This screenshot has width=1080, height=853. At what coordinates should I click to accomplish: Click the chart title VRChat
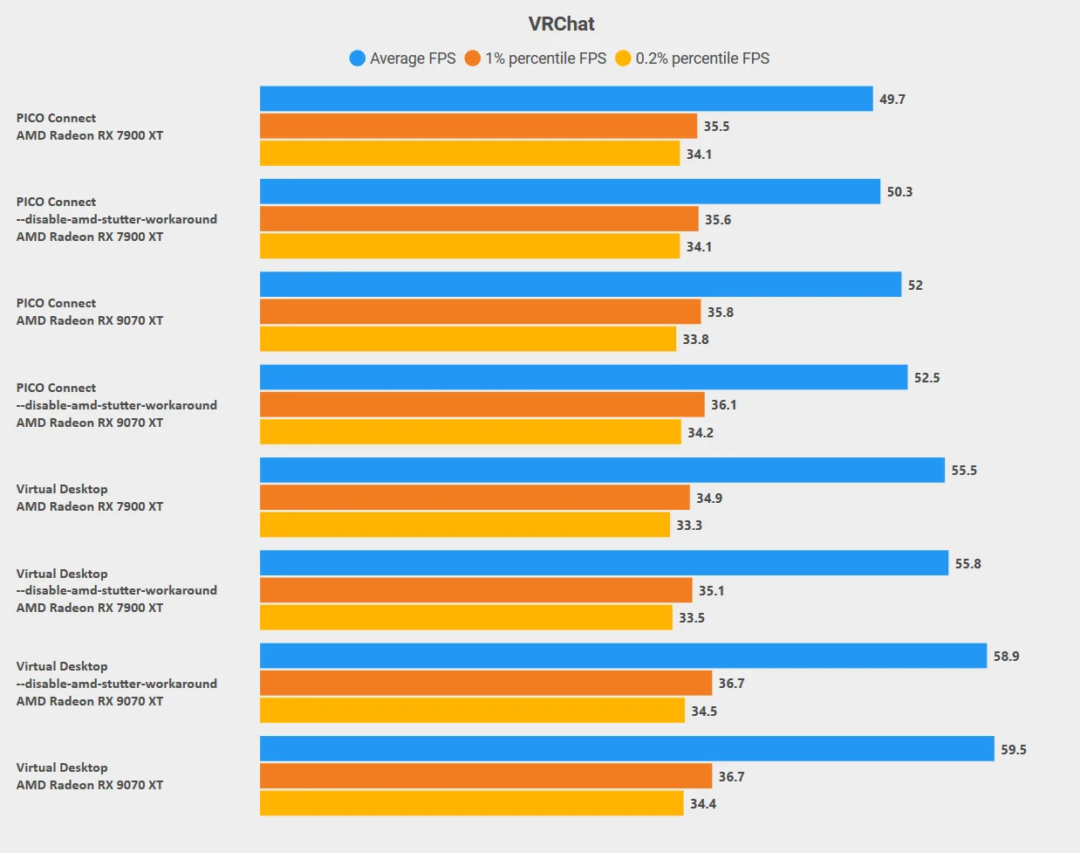coord(561,24)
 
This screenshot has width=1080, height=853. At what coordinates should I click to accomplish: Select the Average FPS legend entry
coord(402,58)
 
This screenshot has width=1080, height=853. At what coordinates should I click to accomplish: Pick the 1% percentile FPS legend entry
coord(535,58)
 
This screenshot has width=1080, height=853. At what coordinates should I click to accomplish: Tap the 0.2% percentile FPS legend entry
coord(692,58)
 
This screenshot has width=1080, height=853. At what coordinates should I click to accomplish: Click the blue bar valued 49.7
coord(566,99)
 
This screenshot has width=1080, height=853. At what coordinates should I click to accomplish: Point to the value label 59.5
coord(1013,749)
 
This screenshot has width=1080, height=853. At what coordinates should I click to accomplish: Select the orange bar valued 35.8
coord(480,312)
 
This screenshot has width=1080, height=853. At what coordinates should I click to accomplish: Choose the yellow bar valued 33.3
coord(465,525)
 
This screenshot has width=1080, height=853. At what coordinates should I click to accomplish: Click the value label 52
coord(915,285)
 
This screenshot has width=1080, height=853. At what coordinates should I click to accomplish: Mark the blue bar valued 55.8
coord(604,563)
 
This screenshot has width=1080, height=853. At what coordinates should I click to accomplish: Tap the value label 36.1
coord(723,404)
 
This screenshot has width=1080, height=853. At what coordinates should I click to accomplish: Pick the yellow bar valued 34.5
coord(472,711)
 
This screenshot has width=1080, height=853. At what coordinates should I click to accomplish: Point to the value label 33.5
coord(691,617)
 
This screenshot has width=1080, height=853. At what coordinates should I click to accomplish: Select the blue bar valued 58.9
coord(623,656)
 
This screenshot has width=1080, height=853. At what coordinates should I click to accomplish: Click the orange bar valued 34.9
coord(475,498)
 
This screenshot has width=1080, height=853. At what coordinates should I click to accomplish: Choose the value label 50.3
coord(899,192)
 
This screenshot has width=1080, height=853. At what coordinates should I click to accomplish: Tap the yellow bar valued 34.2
coord(470,432)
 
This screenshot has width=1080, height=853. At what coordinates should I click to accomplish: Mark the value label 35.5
coord(716,126)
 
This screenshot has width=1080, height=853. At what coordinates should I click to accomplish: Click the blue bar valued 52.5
coord(584,377)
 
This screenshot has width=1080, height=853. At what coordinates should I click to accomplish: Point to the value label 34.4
coord(702,803)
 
